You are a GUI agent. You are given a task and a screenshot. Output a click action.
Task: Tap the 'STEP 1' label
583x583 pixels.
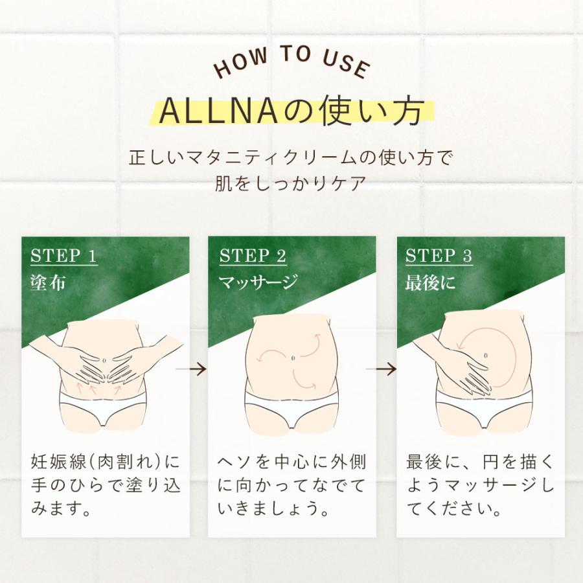point(63,256)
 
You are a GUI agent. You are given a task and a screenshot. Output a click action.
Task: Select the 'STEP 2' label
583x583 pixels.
point(253,256)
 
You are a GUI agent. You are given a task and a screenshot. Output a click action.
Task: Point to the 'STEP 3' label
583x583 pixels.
point(439,256)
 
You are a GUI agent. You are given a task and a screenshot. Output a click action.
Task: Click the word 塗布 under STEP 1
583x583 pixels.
point(48,282)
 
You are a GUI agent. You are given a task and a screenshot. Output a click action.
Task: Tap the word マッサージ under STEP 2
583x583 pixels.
point(258,282)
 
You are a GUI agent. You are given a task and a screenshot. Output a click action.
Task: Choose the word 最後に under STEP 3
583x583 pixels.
point(430,282)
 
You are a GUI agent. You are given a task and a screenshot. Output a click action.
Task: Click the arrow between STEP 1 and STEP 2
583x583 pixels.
point(191,369)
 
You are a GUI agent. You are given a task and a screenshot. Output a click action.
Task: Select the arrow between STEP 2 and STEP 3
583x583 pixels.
point(381,369)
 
